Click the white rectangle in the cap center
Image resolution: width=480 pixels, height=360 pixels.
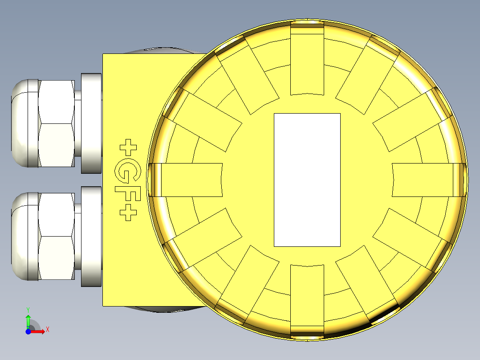[307, 180]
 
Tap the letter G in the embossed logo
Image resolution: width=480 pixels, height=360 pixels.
[127, 170]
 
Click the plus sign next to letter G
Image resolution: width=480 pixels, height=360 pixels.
[129, 147]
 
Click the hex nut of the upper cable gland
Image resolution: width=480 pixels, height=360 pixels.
[56, 123]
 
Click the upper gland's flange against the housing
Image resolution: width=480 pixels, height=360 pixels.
[92, 123]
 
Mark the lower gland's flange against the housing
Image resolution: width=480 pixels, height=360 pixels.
[92, 236]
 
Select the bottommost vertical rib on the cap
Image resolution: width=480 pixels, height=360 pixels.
[307, 301]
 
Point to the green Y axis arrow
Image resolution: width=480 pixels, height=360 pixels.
[28, 320]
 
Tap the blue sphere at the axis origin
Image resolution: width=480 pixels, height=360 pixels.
[28, 331]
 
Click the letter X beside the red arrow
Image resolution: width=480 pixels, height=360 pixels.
[47, 329]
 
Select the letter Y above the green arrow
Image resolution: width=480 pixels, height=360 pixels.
[28, 309]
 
